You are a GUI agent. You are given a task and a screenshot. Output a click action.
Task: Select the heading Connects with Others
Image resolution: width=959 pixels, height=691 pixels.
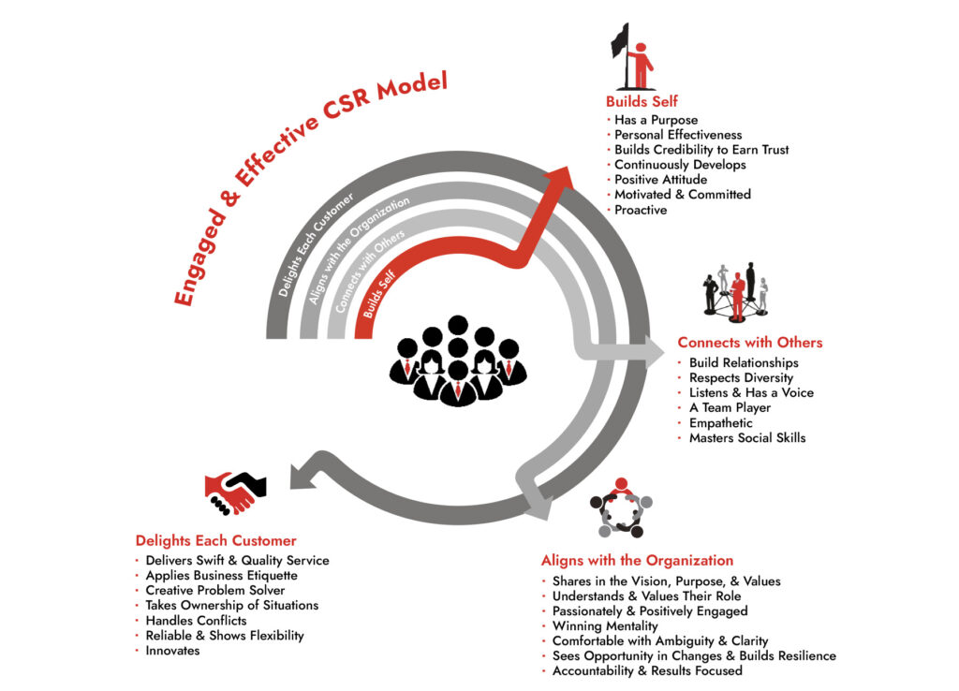click(x=749, y=342)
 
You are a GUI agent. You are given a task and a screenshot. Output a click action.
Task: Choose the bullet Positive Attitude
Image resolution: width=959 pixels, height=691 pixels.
click(x=660, y=180)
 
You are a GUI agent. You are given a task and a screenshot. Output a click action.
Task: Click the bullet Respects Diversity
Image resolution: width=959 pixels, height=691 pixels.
click(x=741, y=377)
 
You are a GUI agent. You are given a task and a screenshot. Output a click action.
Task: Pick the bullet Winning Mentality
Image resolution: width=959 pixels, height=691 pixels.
click(x=605, y=625)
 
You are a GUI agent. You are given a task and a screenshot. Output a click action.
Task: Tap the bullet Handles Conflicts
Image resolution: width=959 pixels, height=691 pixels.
click(x=196, y=620)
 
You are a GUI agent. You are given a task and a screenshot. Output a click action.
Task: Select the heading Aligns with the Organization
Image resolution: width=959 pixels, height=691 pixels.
click(x=637, y=560)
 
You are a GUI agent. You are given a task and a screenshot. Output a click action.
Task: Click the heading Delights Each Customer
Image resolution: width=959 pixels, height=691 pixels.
click(x=215, y=540)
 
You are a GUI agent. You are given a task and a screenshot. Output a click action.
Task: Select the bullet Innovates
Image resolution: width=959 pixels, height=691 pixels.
click(x=172, y=650)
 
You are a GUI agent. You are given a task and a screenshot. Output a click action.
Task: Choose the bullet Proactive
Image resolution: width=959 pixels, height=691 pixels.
click(x=641, y=210)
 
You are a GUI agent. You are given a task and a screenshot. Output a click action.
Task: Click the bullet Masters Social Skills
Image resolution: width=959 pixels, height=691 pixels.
click(x=746, y=437)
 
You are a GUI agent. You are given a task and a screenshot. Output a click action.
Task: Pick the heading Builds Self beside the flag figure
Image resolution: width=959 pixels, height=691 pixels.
click(x=642, y=101)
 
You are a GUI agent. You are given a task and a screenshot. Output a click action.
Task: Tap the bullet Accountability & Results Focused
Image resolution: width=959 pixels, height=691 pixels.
click(x=647, y=670)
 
